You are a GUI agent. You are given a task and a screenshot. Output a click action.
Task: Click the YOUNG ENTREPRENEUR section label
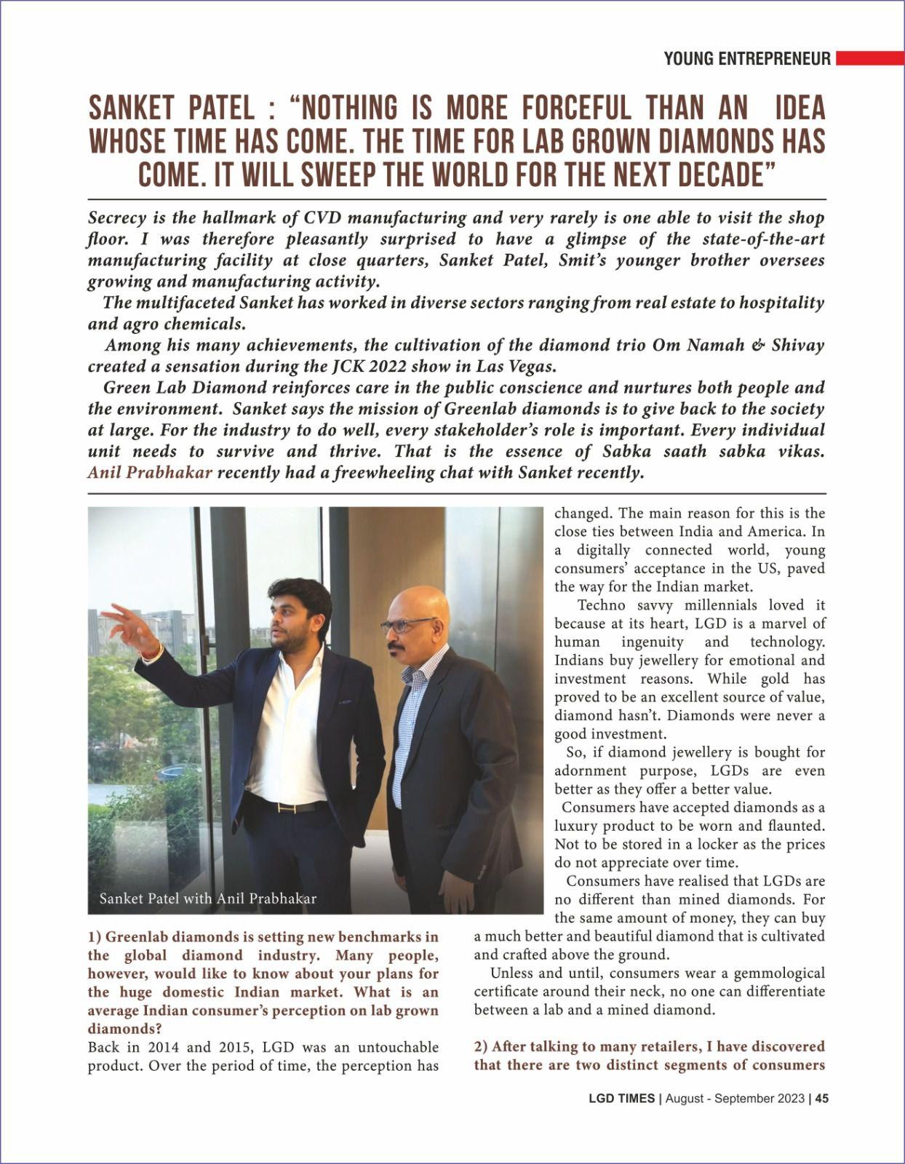click(746, 59)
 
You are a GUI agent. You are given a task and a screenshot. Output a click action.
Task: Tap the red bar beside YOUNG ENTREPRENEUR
click(869, 58)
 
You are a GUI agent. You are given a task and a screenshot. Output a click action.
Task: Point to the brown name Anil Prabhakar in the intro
click(150, 473)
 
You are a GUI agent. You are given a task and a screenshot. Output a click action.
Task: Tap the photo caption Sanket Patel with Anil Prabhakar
click(208, 898)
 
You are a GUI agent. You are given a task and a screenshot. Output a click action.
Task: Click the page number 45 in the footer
click(821, 1099)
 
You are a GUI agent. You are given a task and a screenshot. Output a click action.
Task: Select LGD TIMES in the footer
click(621, 1099)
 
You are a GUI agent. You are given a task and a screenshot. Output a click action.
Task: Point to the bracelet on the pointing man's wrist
click(152, 653)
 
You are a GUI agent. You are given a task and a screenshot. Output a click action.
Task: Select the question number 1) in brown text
click(96, 937)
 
